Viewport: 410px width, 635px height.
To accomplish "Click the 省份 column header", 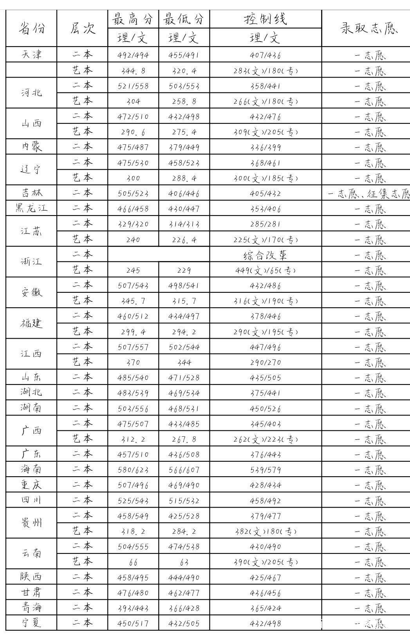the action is tap(31, 28).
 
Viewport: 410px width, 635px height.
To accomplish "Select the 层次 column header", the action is tap(82, 28).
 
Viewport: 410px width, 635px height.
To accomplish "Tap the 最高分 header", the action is tap(133, 19).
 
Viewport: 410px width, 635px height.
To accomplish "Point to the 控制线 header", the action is tap(266, 19).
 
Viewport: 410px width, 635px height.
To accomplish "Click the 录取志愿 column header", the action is tap(369, 28).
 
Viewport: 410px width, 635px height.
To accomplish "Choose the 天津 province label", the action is tap(31, 54).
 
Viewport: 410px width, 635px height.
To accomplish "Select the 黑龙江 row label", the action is tap(31, 208).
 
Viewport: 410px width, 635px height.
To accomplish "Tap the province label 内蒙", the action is tap(31, 147).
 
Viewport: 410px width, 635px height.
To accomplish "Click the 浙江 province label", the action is tap(31, 262).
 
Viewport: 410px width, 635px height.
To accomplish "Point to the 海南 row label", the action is tap(31, 469).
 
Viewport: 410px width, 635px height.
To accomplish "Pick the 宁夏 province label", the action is tap(31, 623).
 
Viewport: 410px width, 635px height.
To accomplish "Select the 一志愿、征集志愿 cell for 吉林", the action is tap(368, 193).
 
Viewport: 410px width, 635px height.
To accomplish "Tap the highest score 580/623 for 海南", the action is tap(133, 470).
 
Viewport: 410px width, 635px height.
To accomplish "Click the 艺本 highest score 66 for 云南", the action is tap(133, 562).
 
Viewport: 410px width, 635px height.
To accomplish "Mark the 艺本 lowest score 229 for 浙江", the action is tap(184, 270).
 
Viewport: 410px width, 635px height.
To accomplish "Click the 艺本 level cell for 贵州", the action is tap(82, 531).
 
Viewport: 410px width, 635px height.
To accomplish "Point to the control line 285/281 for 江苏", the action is tap(266, 224).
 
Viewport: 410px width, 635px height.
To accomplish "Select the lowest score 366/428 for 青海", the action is tap(184, 608).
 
